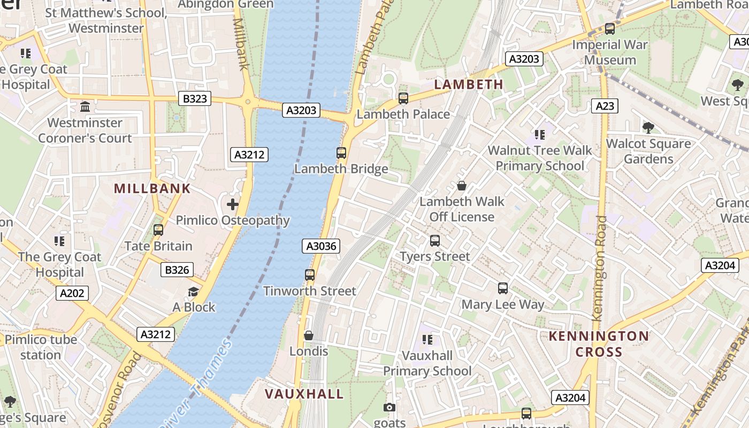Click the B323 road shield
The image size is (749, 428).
point(195,98)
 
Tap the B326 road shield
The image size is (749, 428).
point(177,270)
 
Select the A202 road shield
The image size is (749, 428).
point(72,293)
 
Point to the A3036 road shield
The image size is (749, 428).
point(321,246)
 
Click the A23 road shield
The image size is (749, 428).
point(605,106)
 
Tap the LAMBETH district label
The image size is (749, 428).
point(469,85)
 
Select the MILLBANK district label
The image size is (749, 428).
point(152,188)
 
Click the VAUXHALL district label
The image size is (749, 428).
point(304,394)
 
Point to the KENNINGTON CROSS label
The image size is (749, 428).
point(599,344)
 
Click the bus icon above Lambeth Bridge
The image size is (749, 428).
point(341,153)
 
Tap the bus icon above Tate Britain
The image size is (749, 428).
point(158,230)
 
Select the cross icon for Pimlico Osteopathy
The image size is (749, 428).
point(233,204)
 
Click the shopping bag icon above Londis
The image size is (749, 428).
point(309,335)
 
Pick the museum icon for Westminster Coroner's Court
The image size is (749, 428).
point(85,107)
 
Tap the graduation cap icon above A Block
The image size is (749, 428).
point(193,292)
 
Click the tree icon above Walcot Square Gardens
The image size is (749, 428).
point(648,128)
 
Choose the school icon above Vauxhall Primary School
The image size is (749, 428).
point(427,340)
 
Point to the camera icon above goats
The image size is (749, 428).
point(389,408)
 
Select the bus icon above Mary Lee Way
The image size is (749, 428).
point(503,288)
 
